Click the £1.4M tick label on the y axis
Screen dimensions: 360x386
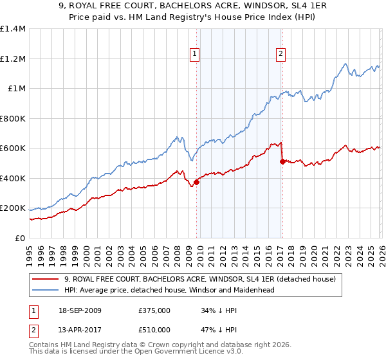point(12,29)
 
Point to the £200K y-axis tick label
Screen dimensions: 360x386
point(12,208)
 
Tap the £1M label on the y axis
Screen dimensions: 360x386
point(16,89)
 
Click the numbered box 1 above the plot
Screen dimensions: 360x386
point(194,54)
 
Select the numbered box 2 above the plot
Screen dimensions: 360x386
point(281,54)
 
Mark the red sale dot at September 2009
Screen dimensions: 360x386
point(196,182)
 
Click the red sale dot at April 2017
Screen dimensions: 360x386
point(282,162)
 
